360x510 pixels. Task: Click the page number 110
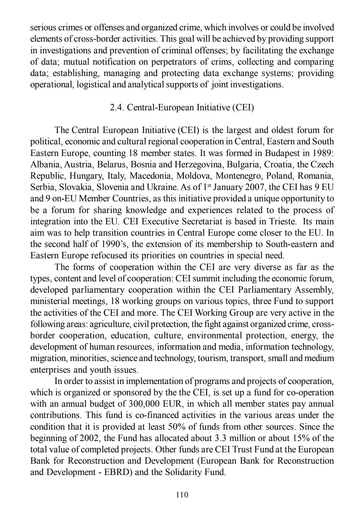click(x=182, y=494)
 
